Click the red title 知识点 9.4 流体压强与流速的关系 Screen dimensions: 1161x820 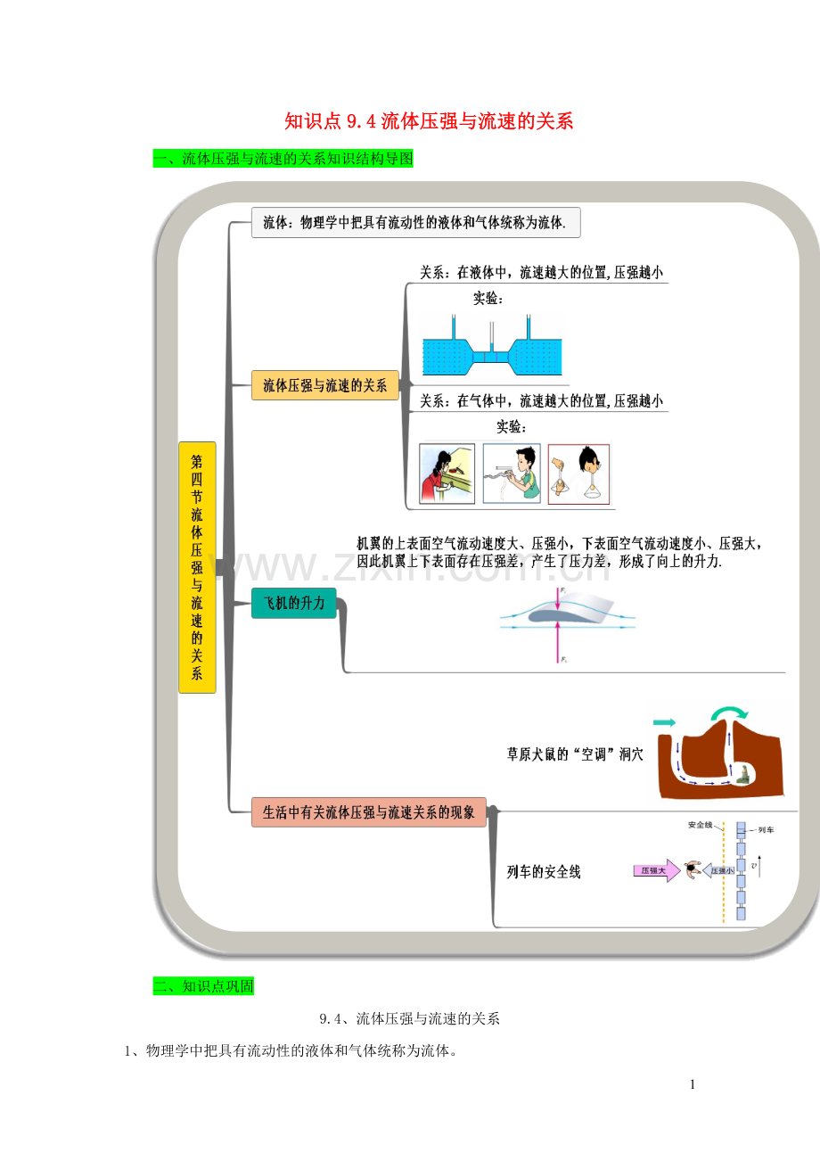(428, 121)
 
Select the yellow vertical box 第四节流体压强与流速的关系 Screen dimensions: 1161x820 (197, 567)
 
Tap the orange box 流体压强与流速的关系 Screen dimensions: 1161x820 (324, 385)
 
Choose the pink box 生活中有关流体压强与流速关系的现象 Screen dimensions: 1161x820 (368, 812)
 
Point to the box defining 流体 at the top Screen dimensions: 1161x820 (415, 223)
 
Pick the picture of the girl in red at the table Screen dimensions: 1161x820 (447, 473)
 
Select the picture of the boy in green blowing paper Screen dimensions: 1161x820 (512, 473)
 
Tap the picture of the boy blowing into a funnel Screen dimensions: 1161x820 (578, 473)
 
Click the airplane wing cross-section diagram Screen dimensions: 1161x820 (568, 620)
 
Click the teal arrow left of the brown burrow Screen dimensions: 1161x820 (665, 721)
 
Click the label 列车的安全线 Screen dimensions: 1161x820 (544, 872)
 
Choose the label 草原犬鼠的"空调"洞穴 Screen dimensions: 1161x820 (574, 753)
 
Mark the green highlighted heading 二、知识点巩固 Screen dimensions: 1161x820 (203, 986)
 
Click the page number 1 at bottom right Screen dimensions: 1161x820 (692, 1084)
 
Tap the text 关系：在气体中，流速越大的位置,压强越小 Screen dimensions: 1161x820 (541, 401)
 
